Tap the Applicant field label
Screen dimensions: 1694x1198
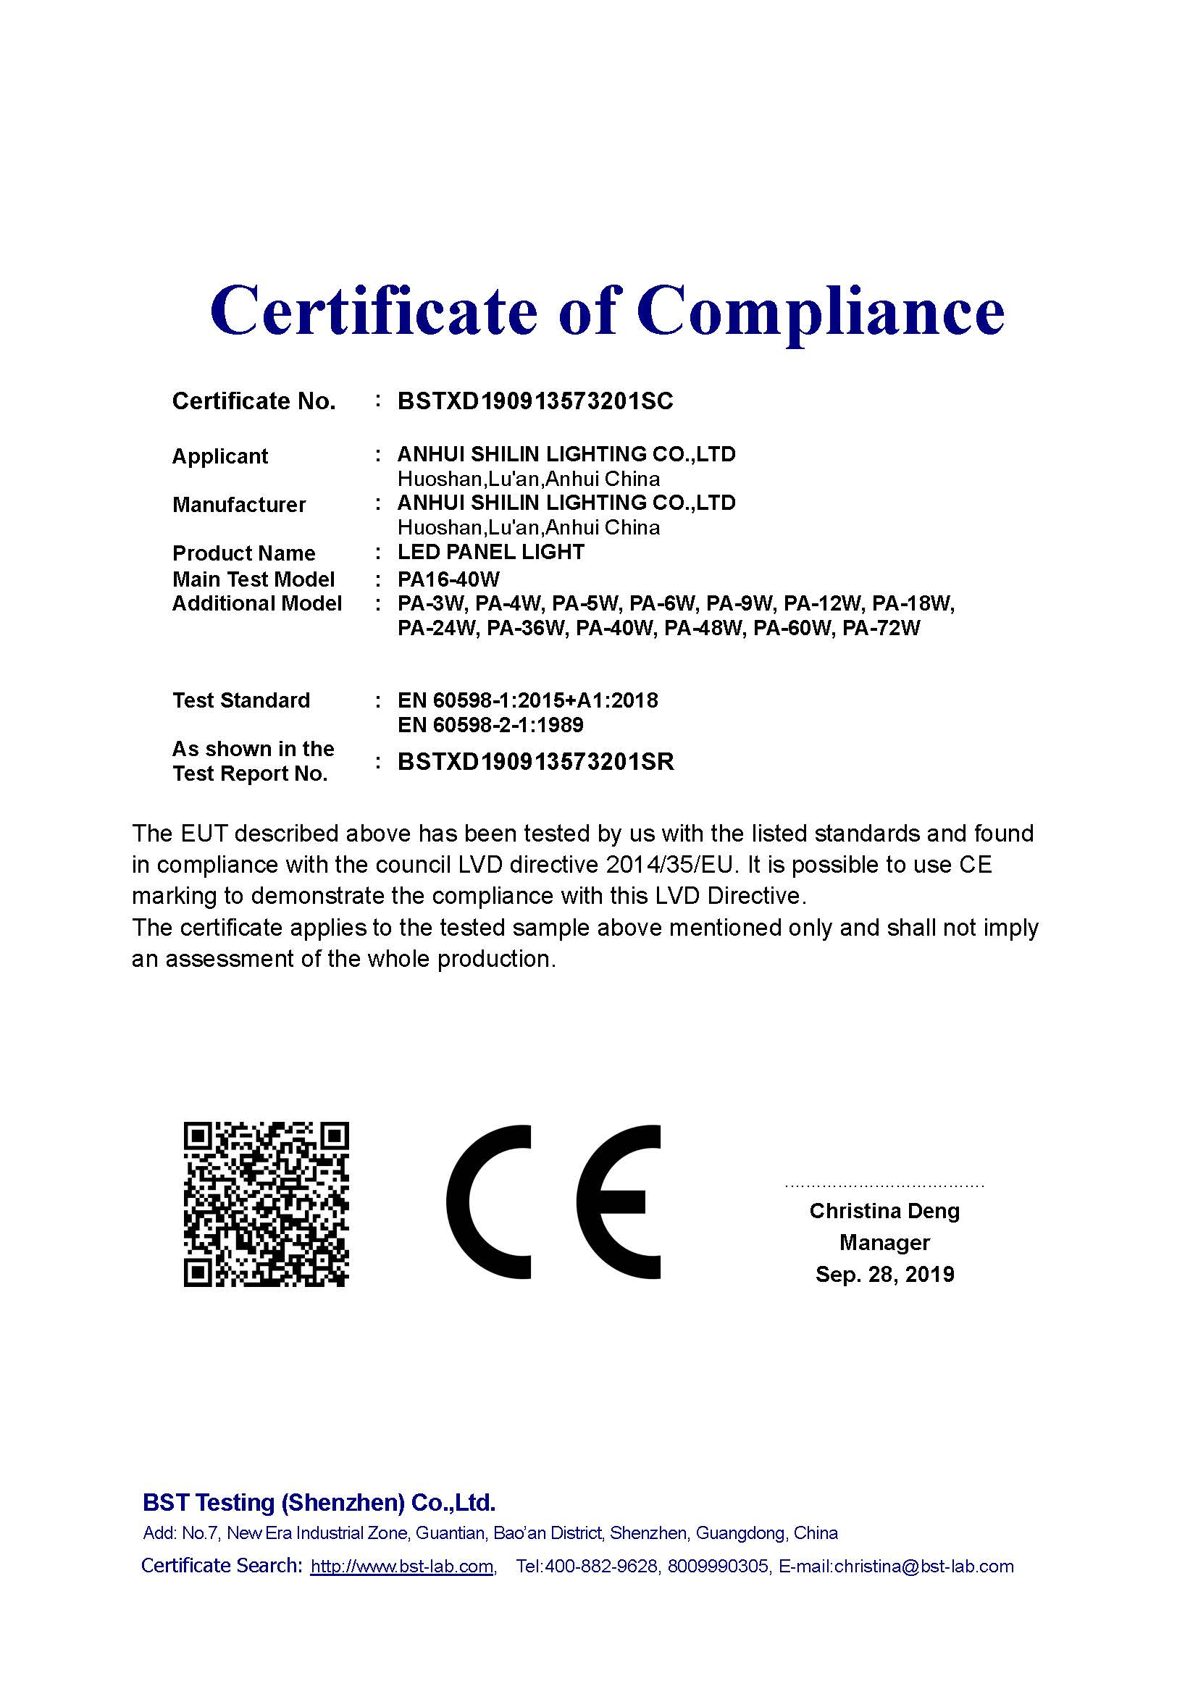tap(220, 456)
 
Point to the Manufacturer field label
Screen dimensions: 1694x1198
tap(238, 505)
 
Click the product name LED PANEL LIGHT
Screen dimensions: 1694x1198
tap(490, 552)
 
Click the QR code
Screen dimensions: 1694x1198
tap(266, 1206)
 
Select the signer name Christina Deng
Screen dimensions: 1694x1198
tap(884, 1211)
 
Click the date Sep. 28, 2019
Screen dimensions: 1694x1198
tap(884, 1274)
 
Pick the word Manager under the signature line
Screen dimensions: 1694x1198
tap(884, 1243)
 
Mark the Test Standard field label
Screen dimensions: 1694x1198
tap(241, 700)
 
